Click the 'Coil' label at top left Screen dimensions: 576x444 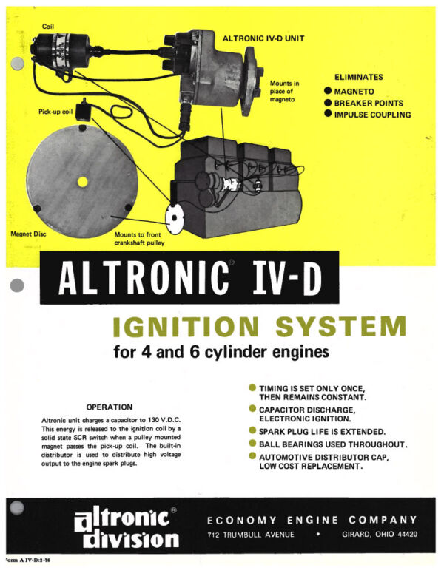[x=47, y=27]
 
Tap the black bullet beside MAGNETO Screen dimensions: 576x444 [x=328, y=91]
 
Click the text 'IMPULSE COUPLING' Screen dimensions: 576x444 [x=371, y=115]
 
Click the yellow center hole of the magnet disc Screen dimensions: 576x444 [x=82, y=181]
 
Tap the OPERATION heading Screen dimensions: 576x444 [x=110, y=407]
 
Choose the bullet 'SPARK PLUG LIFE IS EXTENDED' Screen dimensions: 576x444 [x=321, y=430]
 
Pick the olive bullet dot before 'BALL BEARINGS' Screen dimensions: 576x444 [x=252, y=444]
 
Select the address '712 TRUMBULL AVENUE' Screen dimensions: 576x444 [x=251, y=535]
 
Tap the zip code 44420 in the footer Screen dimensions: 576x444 [x=403, y=535]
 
